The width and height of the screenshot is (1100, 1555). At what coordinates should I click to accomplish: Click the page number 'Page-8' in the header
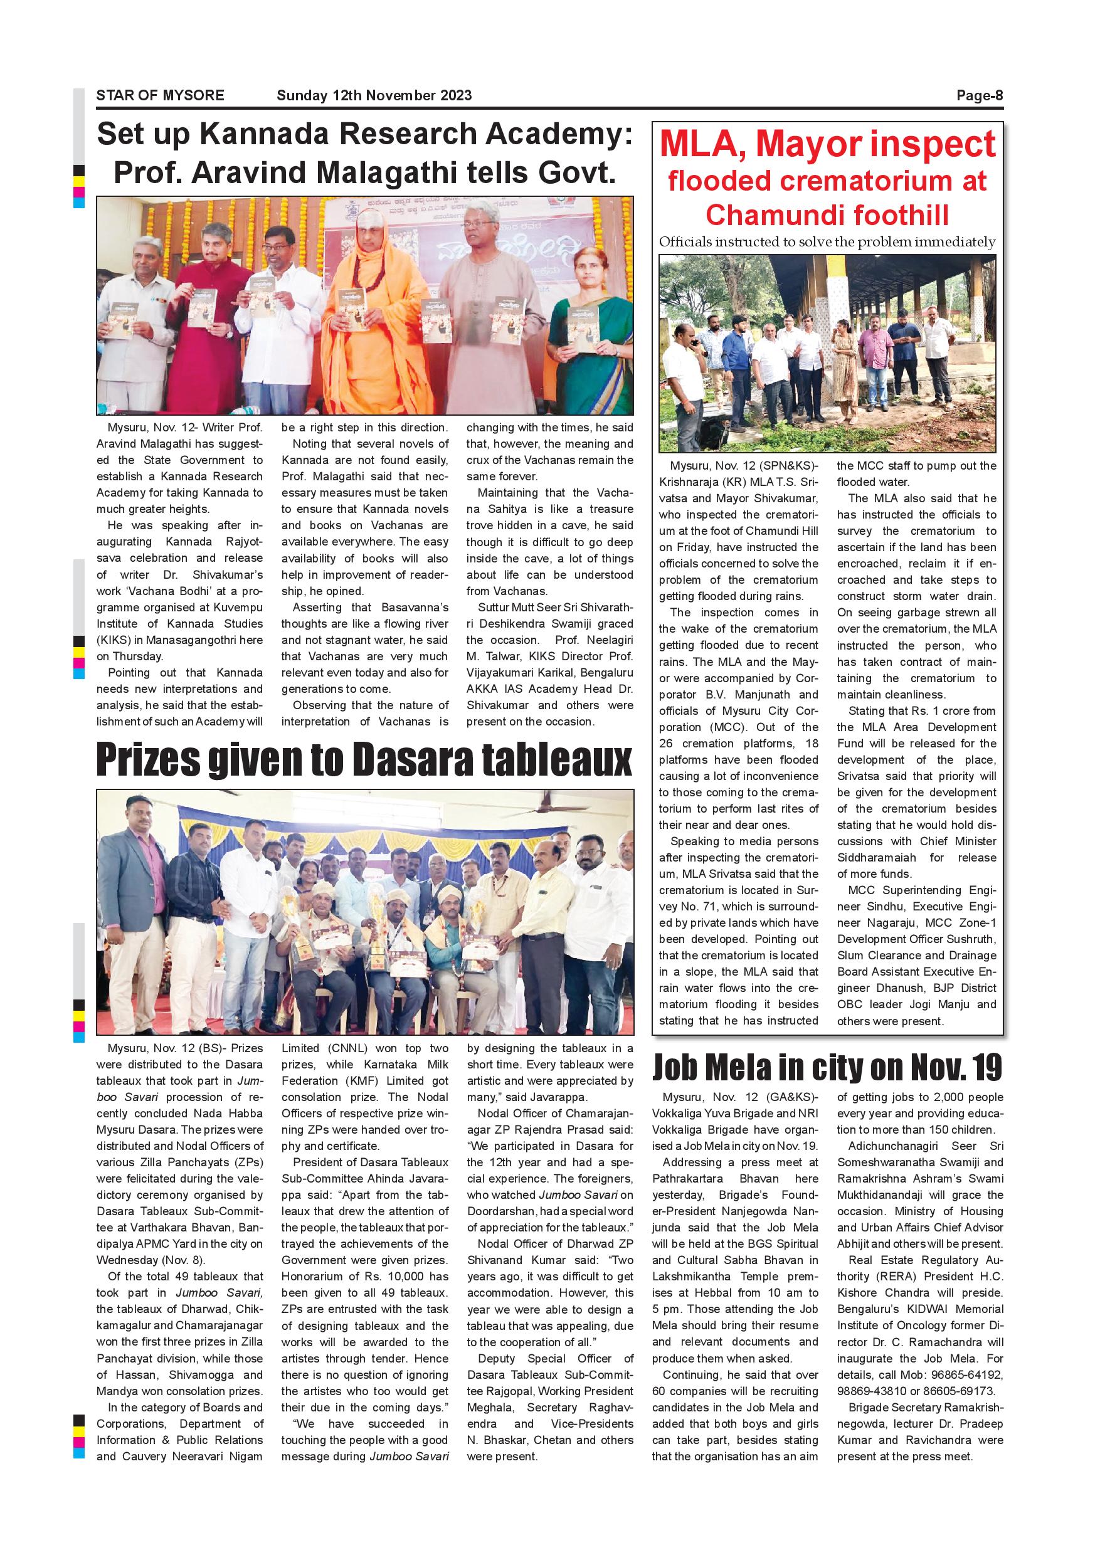tap(979, 95)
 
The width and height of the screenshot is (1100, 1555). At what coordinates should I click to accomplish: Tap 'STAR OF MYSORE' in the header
tap(160, 95)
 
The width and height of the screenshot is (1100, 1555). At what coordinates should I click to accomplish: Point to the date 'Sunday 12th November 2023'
tap(374, 95)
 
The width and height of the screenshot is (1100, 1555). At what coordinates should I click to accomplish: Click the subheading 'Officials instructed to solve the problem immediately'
tap(827, 242)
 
